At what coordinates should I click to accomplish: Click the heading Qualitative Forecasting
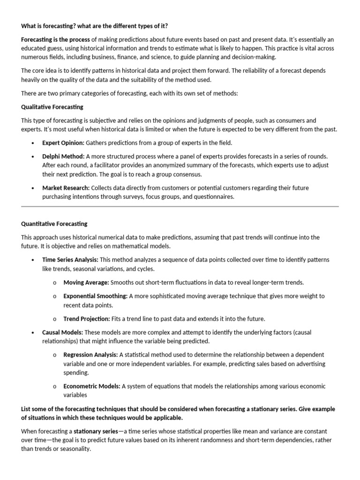click(x=52, y=107)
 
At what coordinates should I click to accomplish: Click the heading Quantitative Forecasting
click(x=54, y=224)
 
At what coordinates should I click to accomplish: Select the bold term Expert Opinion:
click(x=63, y=143)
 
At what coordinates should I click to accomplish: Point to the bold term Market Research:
click(x=66, y=187)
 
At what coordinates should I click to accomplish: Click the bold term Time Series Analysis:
click(x=70, y=259)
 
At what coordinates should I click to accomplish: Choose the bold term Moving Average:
click(x=86, y=282)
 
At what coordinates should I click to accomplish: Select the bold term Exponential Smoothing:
click(x=96, y=296)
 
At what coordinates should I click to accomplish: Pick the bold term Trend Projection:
click(x=87, y=319)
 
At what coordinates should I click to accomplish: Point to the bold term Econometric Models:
click(x=92, y=386)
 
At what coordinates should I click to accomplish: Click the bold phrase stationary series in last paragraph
click(x=96, y=431)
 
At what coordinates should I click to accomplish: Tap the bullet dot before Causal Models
click(x=32, y=332)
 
